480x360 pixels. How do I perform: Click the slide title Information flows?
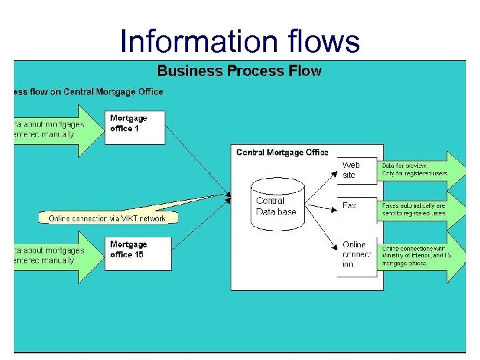[239, 41]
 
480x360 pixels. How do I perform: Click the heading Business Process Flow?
[239, 71]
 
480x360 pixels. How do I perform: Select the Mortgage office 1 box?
[135, 127]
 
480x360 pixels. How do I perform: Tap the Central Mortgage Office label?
[282, 153]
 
